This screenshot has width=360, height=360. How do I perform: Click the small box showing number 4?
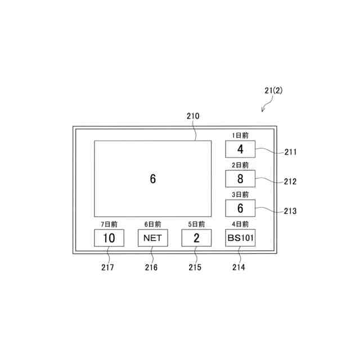[240, 150]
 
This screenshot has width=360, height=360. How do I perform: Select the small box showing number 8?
[240, 179]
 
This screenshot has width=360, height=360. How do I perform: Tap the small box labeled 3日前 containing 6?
[240, 208]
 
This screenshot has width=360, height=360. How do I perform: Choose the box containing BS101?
[241, 238]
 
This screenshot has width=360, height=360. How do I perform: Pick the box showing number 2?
[196, 238]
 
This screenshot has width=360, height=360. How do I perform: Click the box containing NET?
[152, 238]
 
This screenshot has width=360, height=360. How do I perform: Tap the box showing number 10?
[109, 238]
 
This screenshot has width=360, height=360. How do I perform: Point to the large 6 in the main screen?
[152, 179]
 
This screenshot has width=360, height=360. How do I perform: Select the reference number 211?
[291, 152]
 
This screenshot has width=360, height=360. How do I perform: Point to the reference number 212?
[291, 182]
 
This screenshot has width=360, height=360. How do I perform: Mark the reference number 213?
[291, 211]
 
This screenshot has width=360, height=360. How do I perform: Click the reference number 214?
[238, 268]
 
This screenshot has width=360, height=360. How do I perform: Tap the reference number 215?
[195, 268]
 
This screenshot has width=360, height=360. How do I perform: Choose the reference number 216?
[151, 268]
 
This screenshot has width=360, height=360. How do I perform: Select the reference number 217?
[107, 268]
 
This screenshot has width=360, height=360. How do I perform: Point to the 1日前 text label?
[240, 136]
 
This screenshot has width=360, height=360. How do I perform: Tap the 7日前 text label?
[109, 224]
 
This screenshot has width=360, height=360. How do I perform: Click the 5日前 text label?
[196, 224]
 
